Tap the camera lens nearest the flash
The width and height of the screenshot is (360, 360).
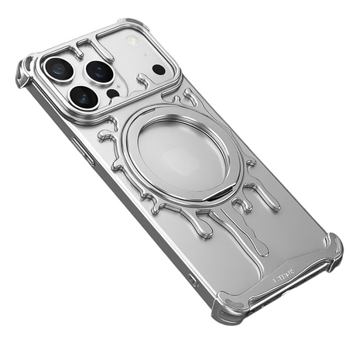pos(100,72)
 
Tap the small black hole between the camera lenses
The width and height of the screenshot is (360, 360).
pos(112,94)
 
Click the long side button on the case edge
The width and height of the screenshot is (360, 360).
pos(84,151)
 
